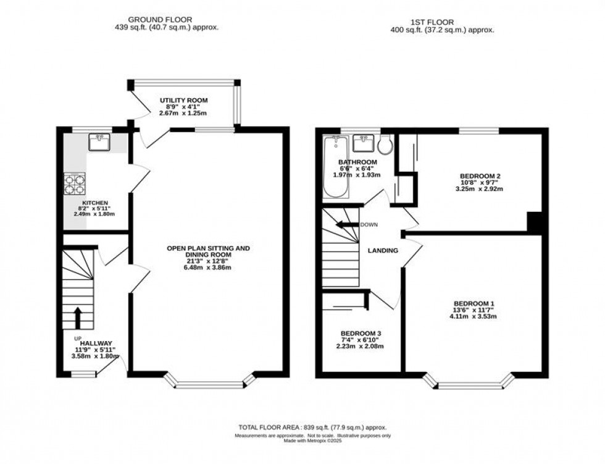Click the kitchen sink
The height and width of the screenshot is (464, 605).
[x=99, y=143]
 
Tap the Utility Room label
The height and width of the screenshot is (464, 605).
[x=183, y=100]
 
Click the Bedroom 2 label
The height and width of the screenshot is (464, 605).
[x=480, y=176]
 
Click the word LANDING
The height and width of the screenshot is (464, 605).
[x=383, y=250]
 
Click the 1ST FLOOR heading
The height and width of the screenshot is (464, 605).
[x=442, y=21]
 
